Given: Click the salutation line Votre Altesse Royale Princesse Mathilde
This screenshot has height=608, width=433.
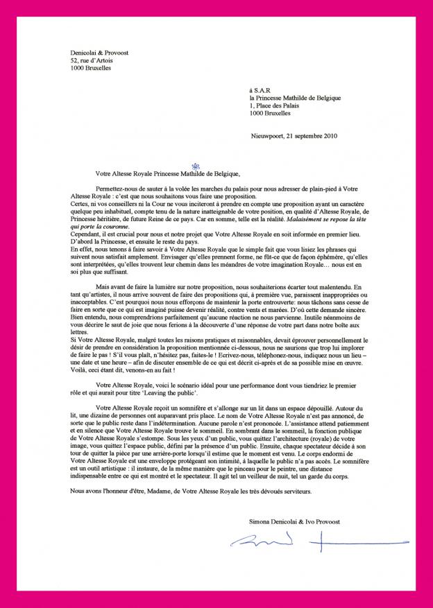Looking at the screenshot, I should pyautogui.click(x=166, y=174).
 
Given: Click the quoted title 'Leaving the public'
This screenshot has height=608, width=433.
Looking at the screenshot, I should pyautogui.click(x=196, y=391).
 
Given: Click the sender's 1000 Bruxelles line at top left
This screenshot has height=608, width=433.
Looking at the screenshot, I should pyautogui.click(x=90, y=68).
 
